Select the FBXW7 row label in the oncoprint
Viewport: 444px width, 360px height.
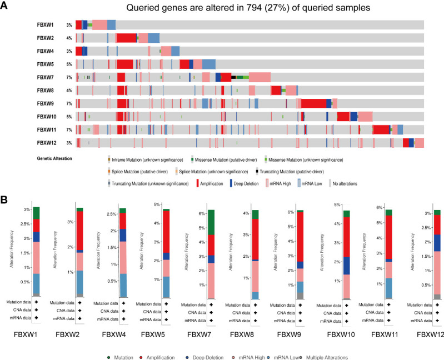(45, 78)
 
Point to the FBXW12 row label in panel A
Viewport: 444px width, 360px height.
(46, 143)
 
